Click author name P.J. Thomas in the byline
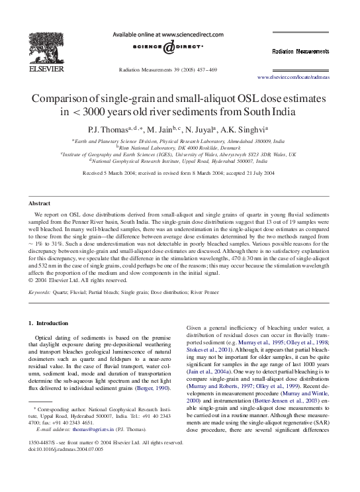pos(116,130)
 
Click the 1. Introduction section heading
pos(49,322)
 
